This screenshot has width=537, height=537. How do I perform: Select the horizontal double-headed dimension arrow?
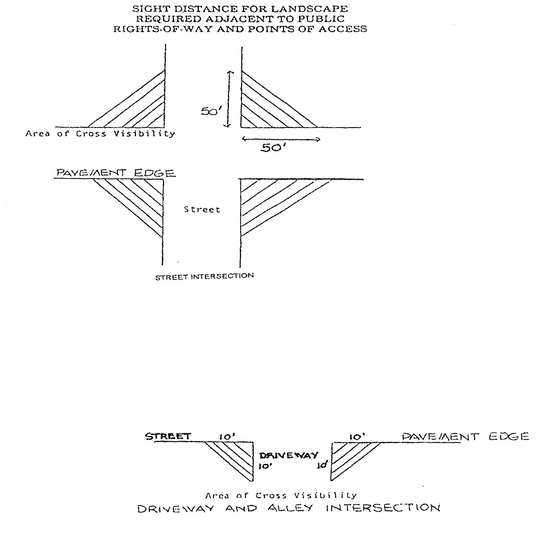click(x=281, y=139)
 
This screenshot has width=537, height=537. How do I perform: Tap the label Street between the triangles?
click(x=202, y=210)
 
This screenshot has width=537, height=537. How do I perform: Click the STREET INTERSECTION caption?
click(x=204, y=277)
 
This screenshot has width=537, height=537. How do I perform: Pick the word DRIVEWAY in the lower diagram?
click(x=289, y=455)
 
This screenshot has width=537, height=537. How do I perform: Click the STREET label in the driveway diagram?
click(x=168, y=436)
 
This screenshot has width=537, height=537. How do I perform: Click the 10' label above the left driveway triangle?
click(x=227, y=437)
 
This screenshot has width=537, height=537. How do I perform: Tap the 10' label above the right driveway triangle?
click(x=357, y=437)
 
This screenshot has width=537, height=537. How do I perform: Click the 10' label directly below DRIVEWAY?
click(x=265, y=466)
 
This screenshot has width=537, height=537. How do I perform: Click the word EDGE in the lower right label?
click(x=508, y=437)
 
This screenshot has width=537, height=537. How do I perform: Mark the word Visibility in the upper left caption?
click(x=144, y=134)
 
